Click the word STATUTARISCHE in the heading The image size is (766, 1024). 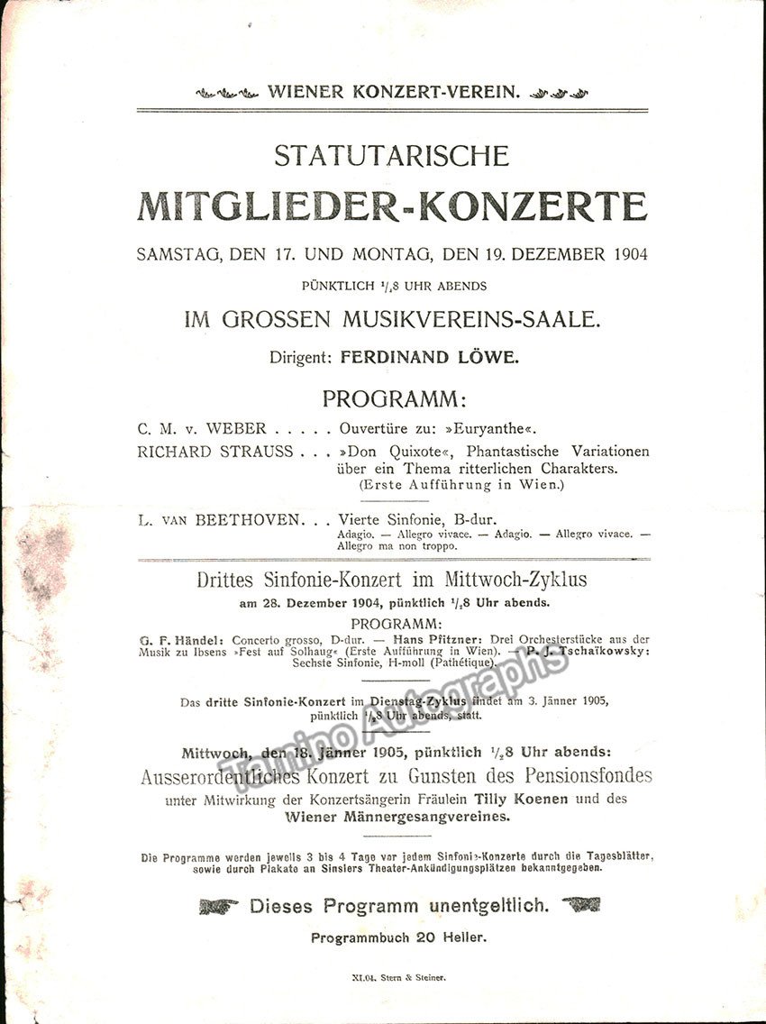point(391,156)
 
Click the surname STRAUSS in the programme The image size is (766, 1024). point(257,452)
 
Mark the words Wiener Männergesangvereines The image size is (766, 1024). point(397,817)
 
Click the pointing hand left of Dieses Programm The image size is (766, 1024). point(220,905)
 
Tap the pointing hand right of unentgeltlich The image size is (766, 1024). point(580,904)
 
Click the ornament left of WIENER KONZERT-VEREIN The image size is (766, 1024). point(227,92)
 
